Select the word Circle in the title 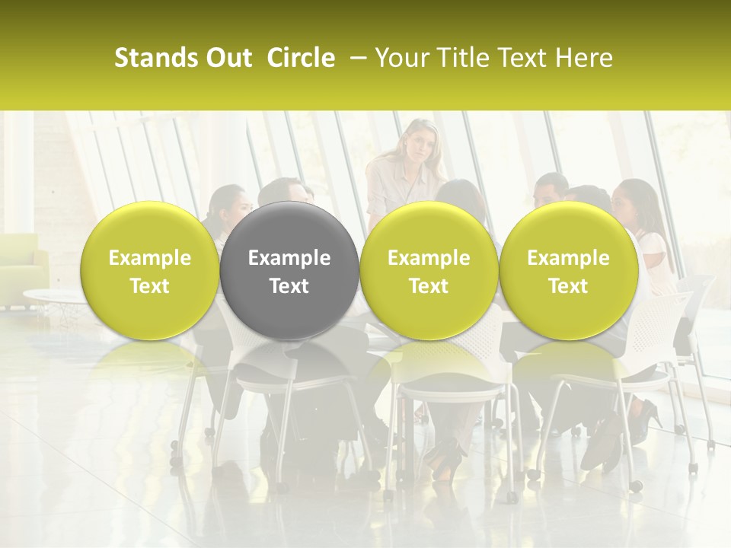(301, 58)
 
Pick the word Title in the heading (458, 58)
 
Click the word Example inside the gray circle (289, 258)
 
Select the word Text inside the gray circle (289, 286)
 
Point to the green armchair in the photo (23, 262)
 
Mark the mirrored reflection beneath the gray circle (289, 365)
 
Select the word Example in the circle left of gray (150, 258)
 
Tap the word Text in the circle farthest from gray (568, 286)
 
